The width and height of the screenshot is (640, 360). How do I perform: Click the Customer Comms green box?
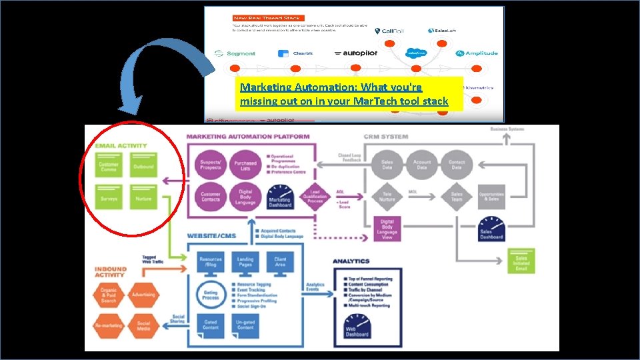[x=109, y=166]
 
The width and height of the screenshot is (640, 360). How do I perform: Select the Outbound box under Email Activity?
[x=143, y=166]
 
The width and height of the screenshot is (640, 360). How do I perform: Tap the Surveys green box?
[x=109, y=198]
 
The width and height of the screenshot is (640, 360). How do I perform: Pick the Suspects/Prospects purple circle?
[x=211, y=165]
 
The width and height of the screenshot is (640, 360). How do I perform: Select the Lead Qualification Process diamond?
[x=315, y=197]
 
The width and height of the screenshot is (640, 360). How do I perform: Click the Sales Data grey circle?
[x=387, y=165]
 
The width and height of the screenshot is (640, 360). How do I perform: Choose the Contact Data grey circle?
[x=457, y=165]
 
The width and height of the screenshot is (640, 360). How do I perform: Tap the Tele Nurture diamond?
[x=387, y=197]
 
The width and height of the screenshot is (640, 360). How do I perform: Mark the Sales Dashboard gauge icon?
[x=491, y=227]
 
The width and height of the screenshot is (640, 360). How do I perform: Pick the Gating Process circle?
[x=211, y=294]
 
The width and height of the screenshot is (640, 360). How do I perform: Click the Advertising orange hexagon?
[x=143, y=295]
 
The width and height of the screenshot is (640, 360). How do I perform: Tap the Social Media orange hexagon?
[x=143, y=327]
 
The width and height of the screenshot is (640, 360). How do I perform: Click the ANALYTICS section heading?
[x=351, y=261]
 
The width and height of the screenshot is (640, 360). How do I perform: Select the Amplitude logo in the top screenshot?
[x=477, y=53]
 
